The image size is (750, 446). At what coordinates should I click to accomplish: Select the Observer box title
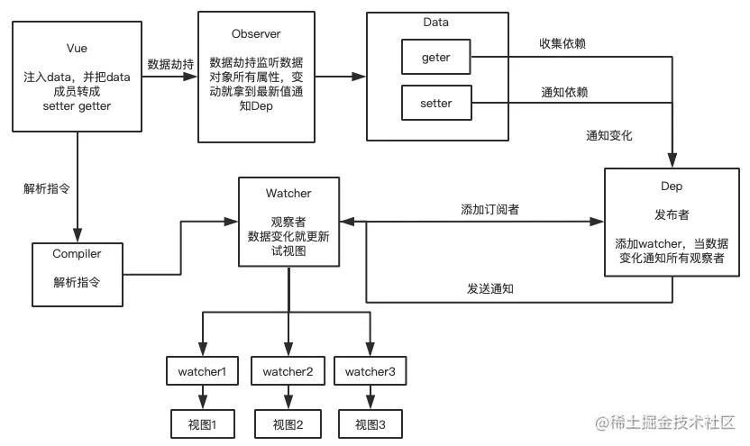coord(256,34)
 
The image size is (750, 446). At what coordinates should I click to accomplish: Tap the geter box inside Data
coord(435,58)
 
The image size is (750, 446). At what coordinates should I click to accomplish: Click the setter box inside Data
coord(435,103)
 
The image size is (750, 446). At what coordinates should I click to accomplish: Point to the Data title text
coord(435,22)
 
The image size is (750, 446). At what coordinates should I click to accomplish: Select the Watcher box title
coord(288,193)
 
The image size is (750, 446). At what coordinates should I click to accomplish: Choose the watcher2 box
coord(288,371)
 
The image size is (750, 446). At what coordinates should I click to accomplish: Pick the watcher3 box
coord(370,371)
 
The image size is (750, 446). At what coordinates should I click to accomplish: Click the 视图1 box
coord(203,424)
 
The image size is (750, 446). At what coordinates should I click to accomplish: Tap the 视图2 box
coord(288,424)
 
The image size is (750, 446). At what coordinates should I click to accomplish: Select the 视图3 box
coord(370,424)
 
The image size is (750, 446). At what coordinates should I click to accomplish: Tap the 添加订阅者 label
coord(489,209)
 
